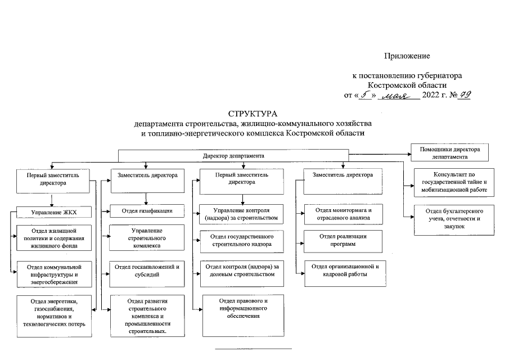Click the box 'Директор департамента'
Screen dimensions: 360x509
233,155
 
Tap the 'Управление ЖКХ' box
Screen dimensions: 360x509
53,212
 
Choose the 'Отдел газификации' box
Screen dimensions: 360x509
147,211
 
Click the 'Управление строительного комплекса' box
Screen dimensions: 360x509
147,238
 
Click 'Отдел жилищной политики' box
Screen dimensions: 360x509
53,238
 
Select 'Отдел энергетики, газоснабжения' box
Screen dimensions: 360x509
53,316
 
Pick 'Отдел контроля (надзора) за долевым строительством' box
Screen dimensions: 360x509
242,270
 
